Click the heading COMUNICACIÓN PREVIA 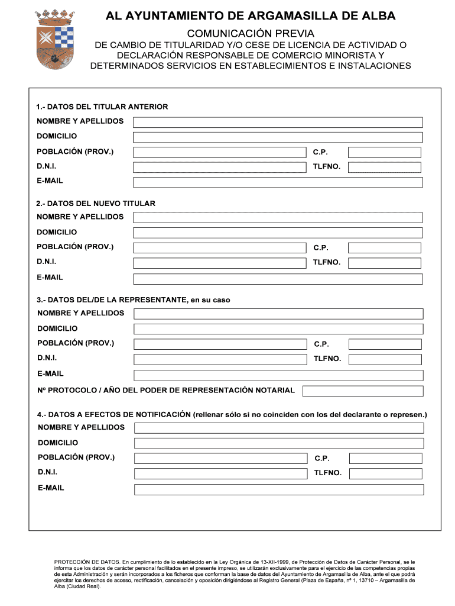tap(250, 34)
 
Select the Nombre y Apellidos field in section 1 tap(278, 122)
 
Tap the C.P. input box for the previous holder tap(385, 152)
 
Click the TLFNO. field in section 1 tap(385, 167)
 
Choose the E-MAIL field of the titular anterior tap(278, 182)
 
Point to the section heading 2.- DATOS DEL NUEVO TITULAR tap(96, 203)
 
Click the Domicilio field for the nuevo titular tap(278, 233)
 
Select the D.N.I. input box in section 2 tap(220, 263)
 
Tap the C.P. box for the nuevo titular tap(385, 248)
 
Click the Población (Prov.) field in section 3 tap(220, 344)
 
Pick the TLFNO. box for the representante tap(385, 359)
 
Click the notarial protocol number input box tap(363, 391)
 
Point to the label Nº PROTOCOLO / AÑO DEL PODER tap(166, 391)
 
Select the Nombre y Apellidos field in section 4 tap(279, 428)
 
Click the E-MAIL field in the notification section tap(279, 489)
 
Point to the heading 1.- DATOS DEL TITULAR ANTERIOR tap(102, 107)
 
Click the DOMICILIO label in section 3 tap(57, 328)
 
